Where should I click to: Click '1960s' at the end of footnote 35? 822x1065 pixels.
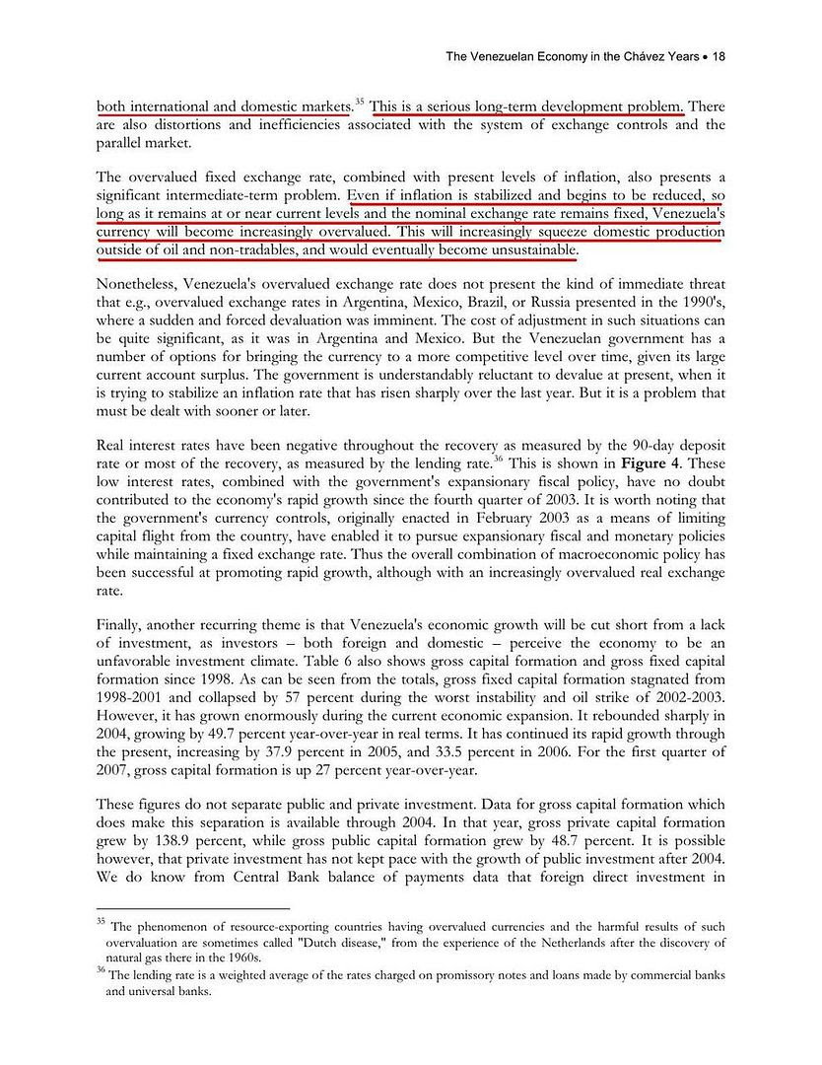tap(241, 958)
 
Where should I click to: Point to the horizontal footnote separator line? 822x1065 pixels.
tap(193, 907)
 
